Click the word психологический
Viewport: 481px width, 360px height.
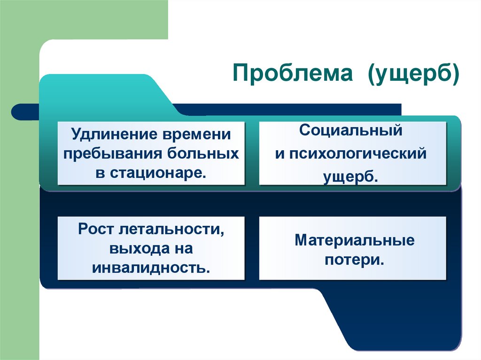pyautogui.click(x=358, y=154)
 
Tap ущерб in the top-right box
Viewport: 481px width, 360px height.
pyautogui.click(x=350, y=177)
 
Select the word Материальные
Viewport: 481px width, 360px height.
pyautogui.click(x=355, y=241)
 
